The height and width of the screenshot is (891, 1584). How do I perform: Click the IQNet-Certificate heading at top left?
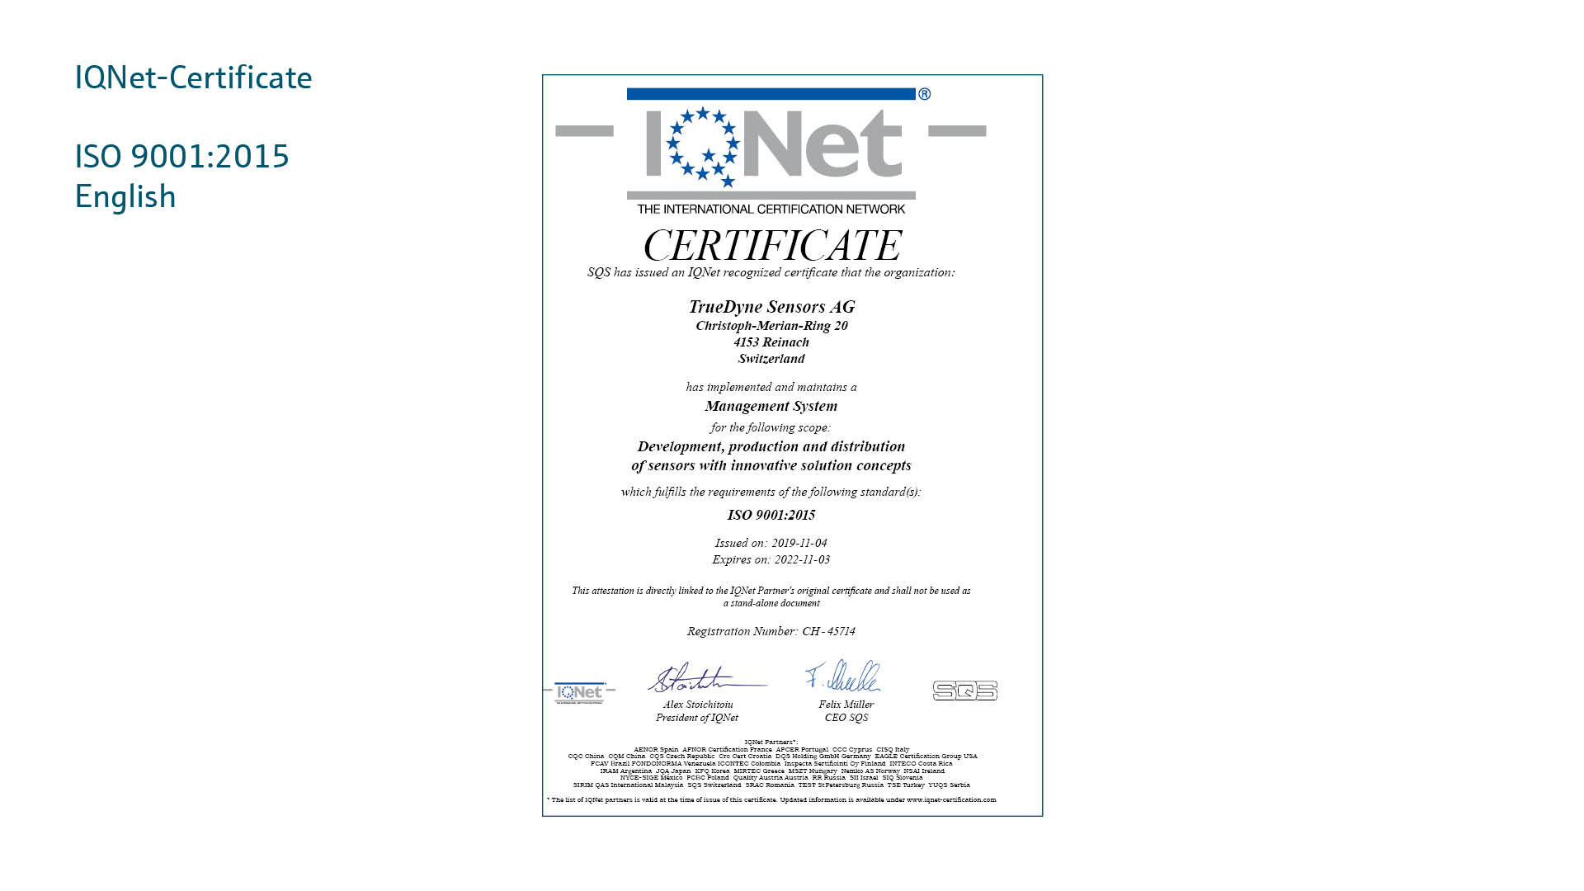(x=193, y=78)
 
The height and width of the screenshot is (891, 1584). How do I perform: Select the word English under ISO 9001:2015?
(x=125, y=196)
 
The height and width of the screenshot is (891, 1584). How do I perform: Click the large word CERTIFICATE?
(x=771, y=245)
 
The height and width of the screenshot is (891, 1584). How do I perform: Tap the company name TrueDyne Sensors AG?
(x=771, y=307)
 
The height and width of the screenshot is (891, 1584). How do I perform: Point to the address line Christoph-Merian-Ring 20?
(x=771, y=326)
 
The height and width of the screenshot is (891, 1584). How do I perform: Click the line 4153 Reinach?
(x=771, y=342)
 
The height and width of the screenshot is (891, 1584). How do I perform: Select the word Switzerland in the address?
(x=771, y=359)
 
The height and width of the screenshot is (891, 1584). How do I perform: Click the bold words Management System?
(x=771, y=406)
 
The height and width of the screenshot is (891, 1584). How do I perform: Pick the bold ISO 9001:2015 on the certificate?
(x=771, y=515)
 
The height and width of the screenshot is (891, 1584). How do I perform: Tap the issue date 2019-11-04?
(x=799, y=543)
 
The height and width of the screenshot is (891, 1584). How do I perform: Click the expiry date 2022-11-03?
(x=801, y=559)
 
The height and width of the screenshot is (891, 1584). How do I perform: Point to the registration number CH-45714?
(x=828, y=631)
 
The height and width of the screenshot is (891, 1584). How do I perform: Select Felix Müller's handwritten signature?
(x=844, y=676)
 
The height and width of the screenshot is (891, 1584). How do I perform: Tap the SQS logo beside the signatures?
(x=964, y=691)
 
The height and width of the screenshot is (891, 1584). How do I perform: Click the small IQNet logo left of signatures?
(x=579, y=692)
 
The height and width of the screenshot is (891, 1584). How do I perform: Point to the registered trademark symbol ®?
(x=924, y=94)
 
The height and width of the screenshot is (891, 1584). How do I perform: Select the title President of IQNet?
(x=697, y=718)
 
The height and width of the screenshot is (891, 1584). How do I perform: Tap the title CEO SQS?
(x=846, y=718)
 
